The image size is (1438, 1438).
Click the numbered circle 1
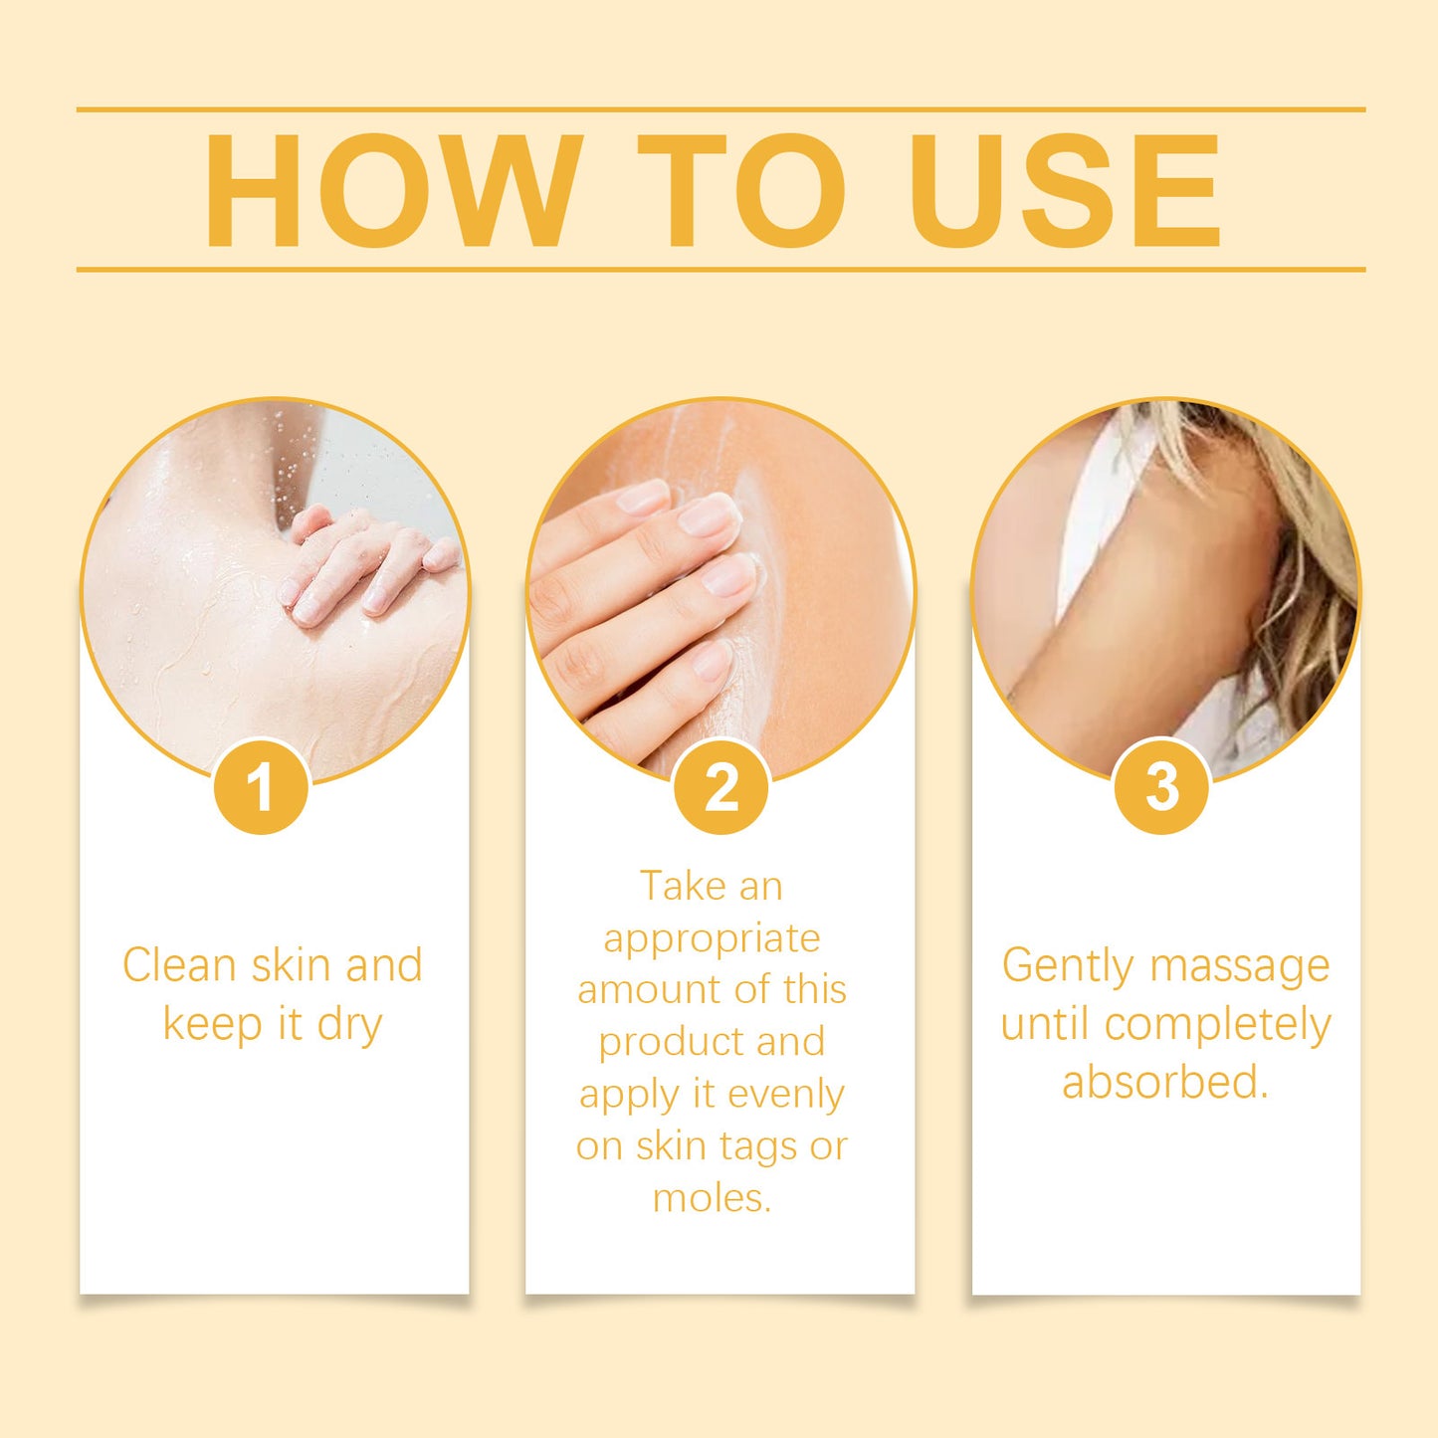point(261,787)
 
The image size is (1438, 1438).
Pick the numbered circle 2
point(721,787)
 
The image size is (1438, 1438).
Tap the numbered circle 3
point(1162,786)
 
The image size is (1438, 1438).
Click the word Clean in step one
point(179,965)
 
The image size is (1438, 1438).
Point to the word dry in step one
point(349,1025)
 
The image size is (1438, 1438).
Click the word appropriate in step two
point(712,938)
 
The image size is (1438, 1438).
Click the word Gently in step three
point(1067,966)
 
